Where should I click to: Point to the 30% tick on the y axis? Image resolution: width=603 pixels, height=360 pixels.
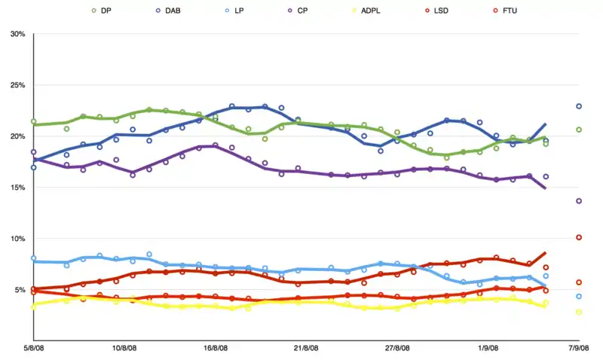click(x=17, y=34)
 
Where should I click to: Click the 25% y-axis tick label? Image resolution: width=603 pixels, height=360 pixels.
click(x=17, y=85)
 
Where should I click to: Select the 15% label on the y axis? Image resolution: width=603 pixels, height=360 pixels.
click(x=17, y=188)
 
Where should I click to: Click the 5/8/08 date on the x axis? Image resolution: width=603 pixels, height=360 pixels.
click(x=33, y=348)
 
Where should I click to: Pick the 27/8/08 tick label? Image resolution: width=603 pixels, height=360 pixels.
click(x=397, y=348)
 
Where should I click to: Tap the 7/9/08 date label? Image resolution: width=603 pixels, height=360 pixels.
click(x=579, y=348)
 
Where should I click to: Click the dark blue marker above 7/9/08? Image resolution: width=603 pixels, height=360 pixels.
click(x=579, y=106)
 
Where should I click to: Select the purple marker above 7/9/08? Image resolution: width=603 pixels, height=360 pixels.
click(x=579, y=201)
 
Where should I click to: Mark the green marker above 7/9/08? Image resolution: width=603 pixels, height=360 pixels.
click(x=579, y=130)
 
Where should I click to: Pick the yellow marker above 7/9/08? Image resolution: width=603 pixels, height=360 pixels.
click(x=579, y=312)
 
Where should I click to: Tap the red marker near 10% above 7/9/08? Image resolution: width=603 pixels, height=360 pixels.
click(x=579, y=237)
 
